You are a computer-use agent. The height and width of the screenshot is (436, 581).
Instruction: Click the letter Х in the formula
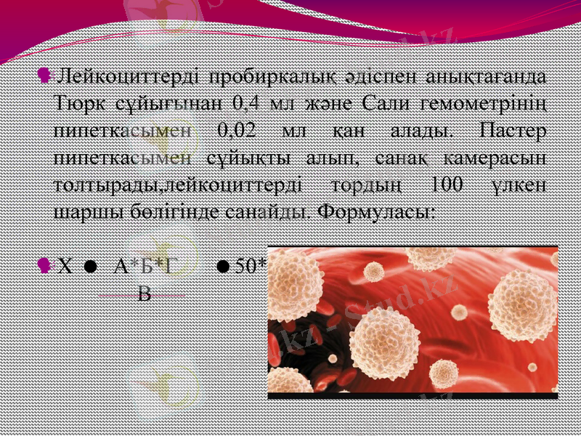point(65,266)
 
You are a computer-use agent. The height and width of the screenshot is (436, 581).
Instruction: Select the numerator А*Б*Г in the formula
point(144,266)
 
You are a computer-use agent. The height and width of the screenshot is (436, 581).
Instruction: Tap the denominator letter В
point(145,294)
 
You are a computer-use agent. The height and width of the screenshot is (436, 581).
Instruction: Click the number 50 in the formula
point(245,266)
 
